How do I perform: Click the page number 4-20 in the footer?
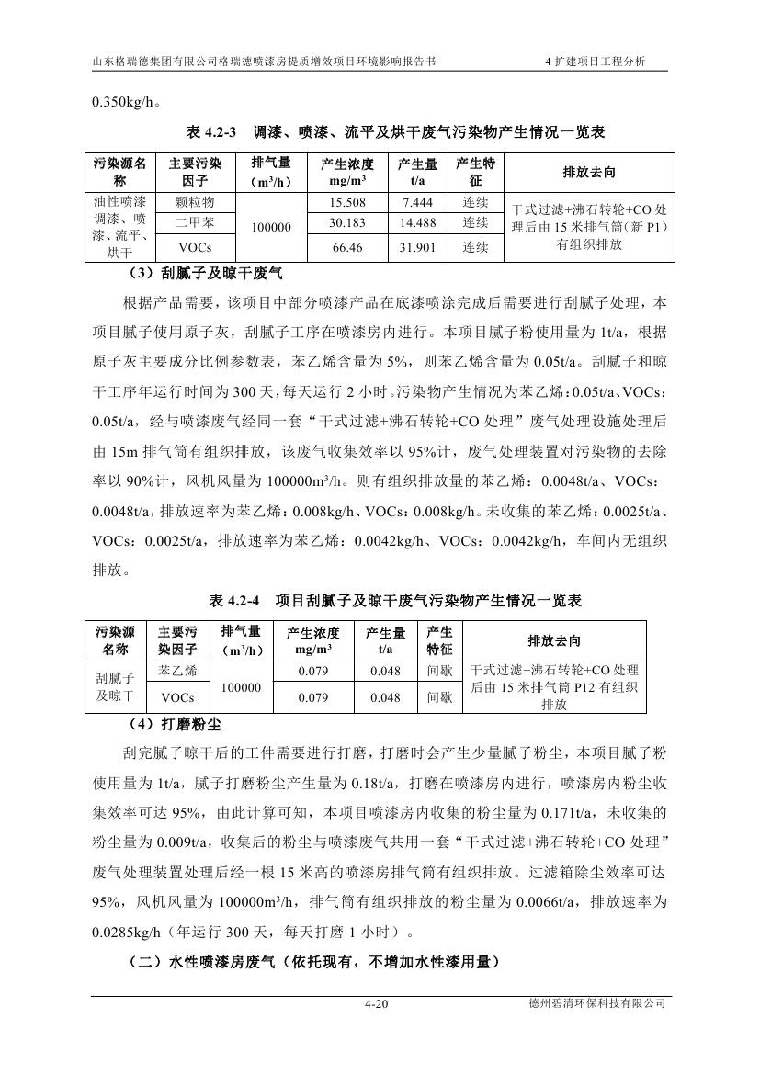point(377,1004)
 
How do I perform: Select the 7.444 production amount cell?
point(417,202)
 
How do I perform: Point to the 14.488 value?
point(417,222)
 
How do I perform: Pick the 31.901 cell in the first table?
point(417,247)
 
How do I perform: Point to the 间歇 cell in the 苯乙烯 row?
point(439,671)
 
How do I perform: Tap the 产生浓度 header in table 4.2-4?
point(313,640)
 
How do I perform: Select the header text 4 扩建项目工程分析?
point(595,62)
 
